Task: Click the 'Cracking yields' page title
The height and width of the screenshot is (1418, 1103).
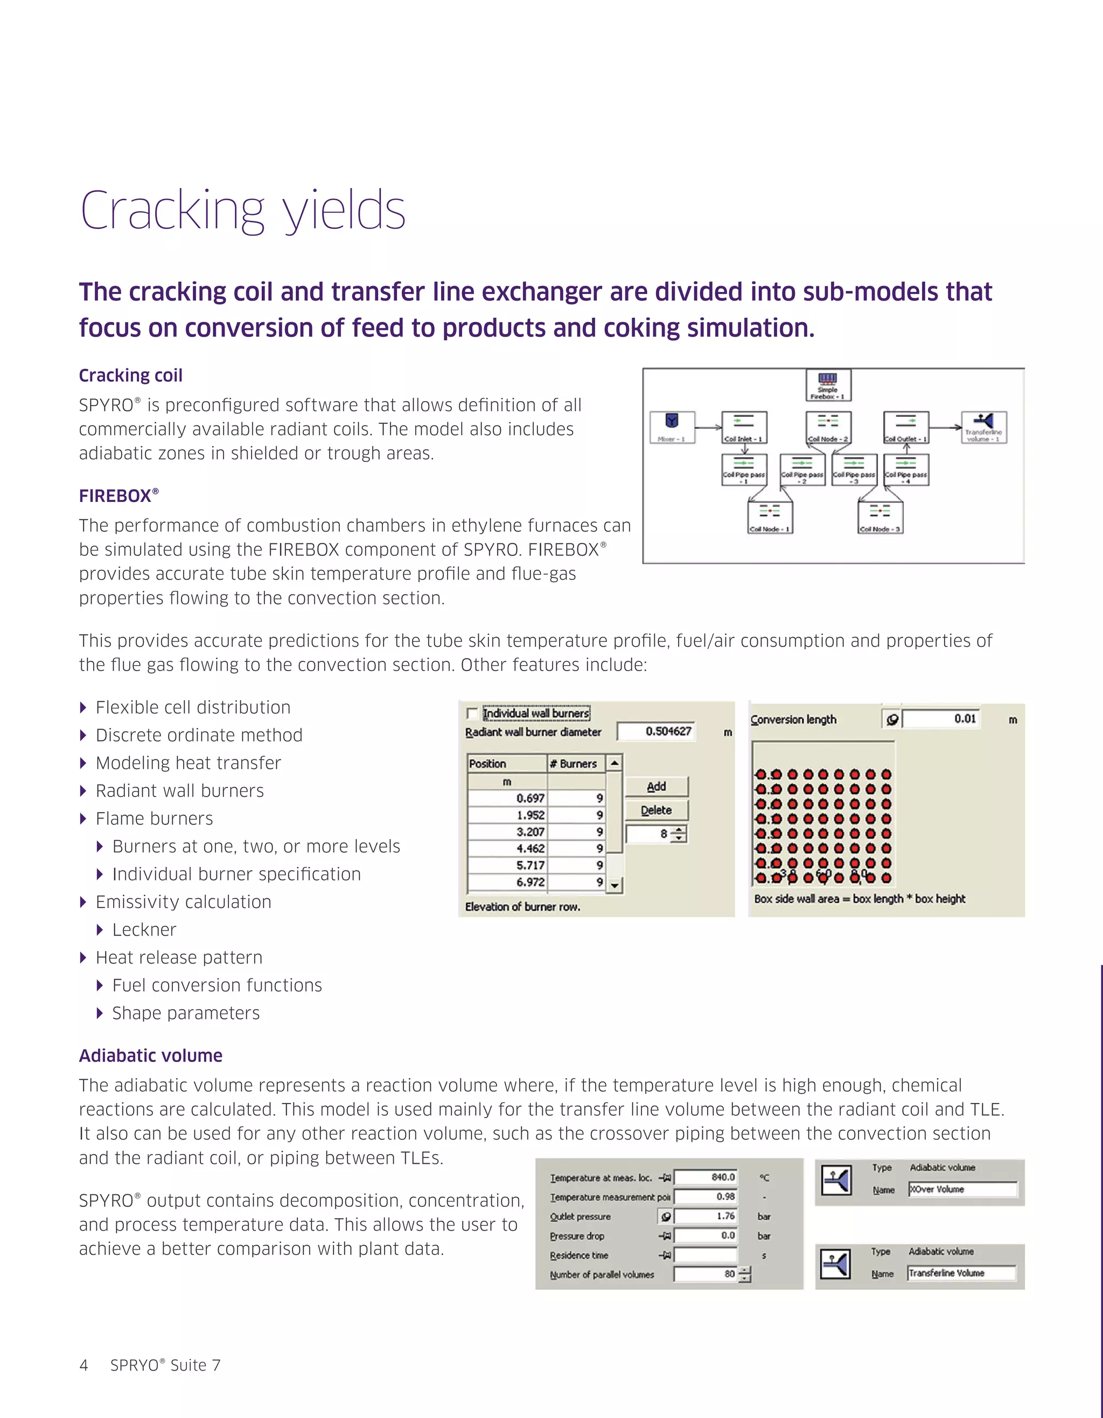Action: coord(243,211)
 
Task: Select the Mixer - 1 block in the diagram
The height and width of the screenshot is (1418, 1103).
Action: coord(672,427)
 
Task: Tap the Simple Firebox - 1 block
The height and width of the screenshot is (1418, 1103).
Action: coord(828,386)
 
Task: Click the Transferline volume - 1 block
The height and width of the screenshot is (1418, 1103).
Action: coord(983,427)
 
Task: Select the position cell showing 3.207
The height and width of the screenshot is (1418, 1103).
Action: coord(507,832)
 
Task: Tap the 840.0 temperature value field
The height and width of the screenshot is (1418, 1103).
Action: coord(706,1177)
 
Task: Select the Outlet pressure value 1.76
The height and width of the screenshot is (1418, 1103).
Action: coord(706,1216)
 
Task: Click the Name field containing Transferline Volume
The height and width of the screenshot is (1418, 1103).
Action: coord(961,1273)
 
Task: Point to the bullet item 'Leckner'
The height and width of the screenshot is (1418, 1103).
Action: coord(144,930)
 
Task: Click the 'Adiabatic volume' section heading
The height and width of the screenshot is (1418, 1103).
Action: coord(151,1056)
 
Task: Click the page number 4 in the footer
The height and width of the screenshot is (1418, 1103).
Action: coord(83,1365)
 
